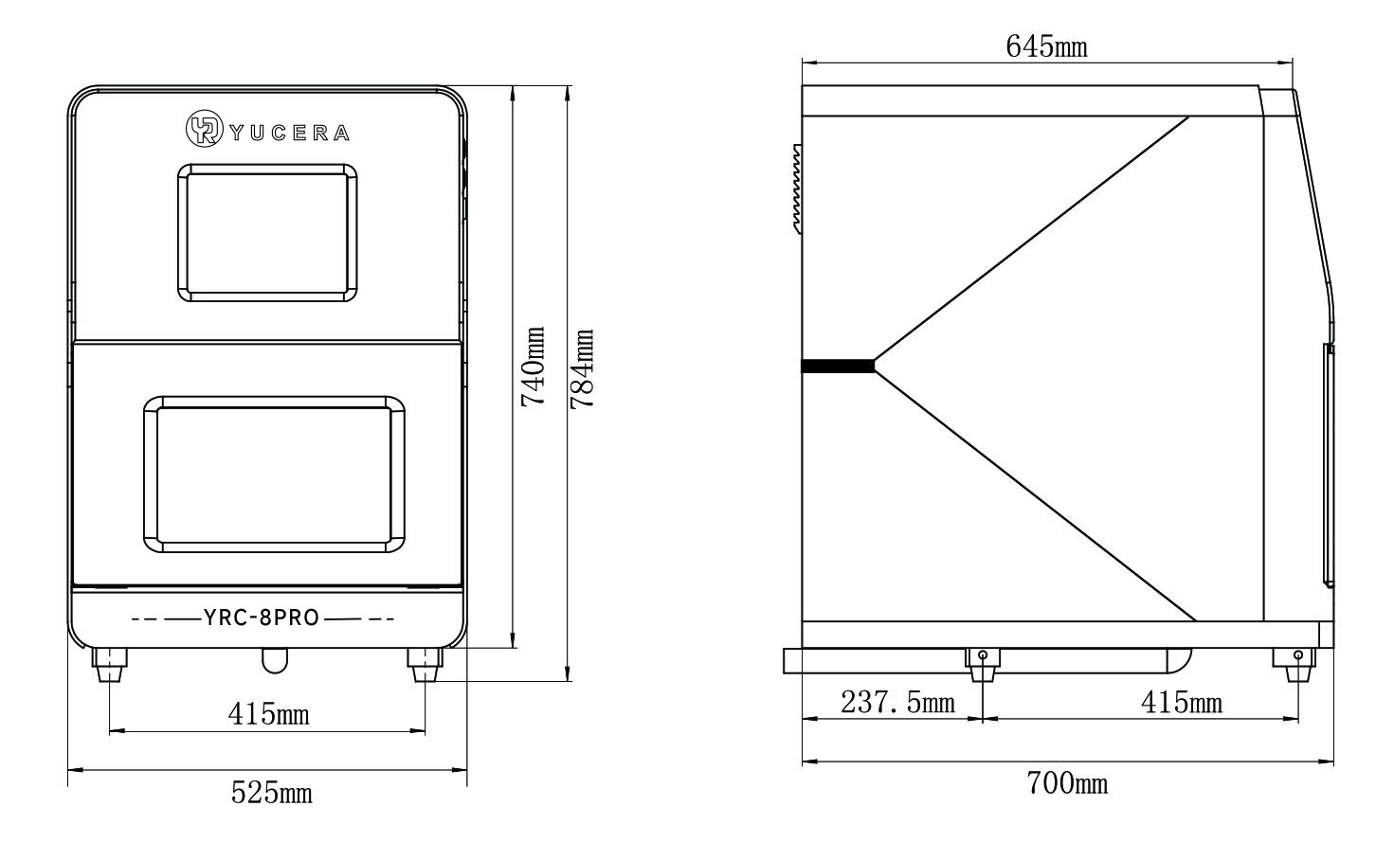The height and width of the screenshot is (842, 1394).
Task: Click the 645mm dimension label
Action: (x=1047, y=46)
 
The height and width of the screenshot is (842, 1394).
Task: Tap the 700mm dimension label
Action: (x=1067, y=783)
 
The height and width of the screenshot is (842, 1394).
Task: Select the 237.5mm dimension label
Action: (x=897, y=702)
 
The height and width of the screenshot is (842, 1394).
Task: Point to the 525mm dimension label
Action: (x=271, y=793)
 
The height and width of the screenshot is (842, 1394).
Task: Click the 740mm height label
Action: (x=534, y=367)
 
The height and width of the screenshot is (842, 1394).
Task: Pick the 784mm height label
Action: (x=583, y=368)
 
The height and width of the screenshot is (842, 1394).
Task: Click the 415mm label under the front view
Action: (x=268, y=714)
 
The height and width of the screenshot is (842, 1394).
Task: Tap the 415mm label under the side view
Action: (x=1181, y=702)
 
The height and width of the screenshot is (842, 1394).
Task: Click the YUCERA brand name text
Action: (x=290, y=134)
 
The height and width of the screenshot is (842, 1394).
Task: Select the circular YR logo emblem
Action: (x=204, y=129)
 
